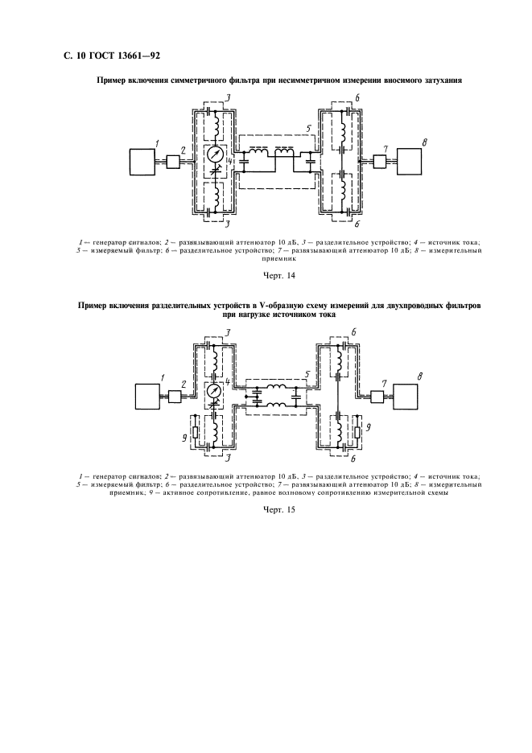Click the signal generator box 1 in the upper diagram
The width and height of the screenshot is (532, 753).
[x=142, y=162]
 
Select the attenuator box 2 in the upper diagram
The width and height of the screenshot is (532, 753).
[x=173, y=162]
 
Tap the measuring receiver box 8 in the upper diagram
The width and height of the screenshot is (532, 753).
[x=409, y=162]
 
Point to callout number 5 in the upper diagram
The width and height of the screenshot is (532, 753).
[x=309, y=129]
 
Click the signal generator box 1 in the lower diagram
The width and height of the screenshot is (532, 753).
[x=147, y=396]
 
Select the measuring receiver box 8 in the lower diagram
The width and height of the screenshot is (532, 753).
[x=406, y=396]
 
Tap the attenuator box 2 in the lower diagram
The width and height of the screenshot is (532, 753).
[x=175, y=396]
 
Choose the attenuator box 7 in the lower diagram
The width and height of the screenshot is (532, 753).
[x=377, y=396]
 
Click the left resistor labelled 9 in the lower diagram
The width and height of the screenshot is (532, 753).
[x=194, y=430]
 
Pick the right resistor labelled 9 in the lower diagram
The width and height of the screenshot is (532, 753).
[x=357, y=430]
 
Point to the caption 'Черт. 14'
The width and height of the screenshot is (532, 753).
[x=279, y=276]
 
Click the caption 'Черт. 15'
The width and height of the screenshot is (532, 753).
[x=279, y=510]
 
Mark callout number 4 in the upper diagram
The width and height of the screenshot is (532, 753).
[x=231, y=161]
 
